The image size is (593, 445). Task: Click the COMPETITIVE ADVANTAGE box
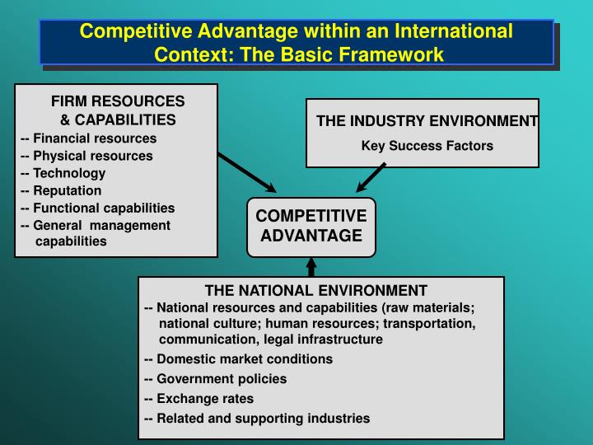click(x=311, y=226)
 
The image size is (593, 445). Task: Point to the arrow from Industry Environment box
click(x=371, y=176)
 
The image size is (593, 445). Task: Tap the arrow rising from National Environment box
click(x=311, y=266)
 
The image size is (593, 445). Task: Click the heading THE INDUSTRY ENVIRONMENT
click(x=427, y=122)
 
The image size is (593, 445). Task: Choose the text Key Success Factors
click(x=427, y=146)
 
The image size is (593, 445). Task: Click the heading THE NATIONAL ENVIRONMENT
click(x=315, y=290)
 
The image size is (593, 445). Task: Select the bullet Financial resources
click(x=88, y=138)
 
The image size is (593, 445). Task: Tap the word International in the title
click(x=455, y=31)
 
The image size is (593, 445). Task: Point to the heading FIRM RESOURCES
click(x=118, y=101)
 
